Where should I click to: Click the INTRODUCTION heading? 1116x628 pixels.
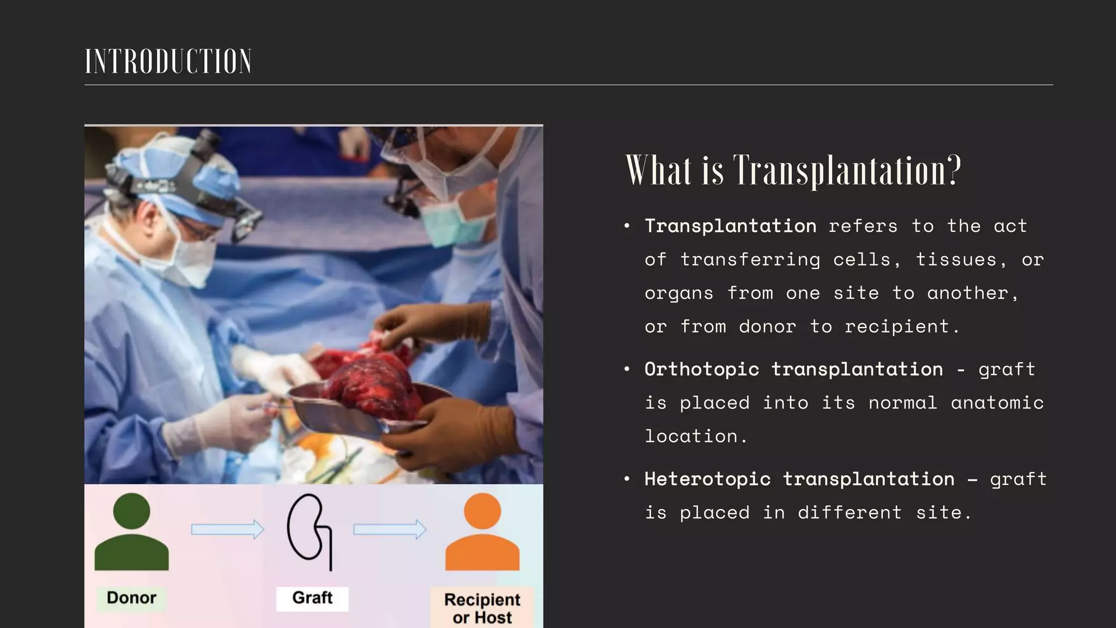pos(168,61)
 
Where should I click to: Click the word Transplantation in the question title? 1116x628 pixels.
pos(847,171)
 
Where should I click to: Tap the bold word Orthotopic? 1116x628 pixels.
pos(701,370)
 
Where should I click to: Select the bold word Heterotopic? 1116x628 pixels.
pos(707,479)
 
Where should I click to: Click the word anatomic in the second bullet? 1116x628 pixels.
pos(997,403)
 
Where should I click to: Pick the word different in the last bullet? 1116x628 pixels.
pos(850,513)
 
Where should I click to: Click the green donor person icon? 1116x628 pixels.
pos(131,533)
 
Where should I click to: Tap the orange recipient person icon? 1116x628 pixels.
pos(482,533)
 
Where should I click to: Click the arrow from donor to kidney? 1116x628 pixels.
pos(227,529)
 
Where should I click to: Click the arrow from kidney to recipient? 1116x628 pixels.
pos(390,529)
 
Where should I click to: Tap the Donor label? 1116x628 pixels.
pos(131,597)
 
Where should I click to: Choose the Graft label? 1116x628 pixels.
pos(312,597)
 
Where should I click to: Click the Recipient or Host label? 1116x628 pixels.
pos(482,608)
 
